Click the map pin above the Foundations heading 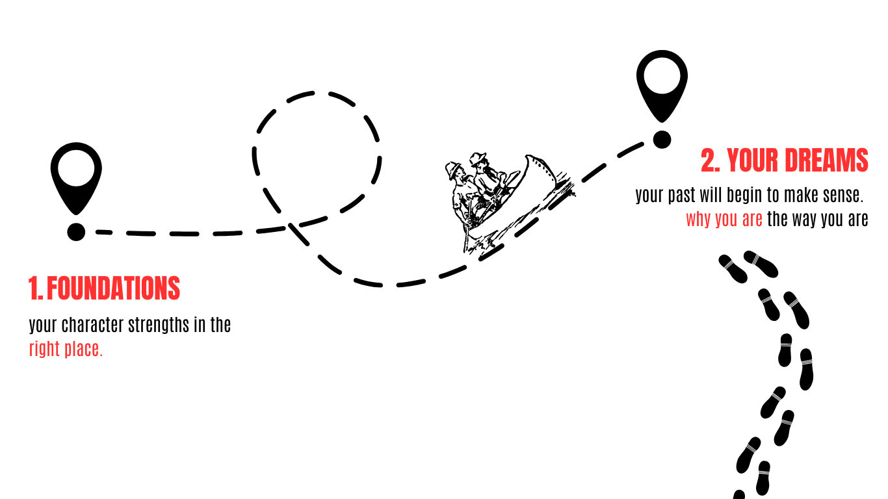[x=76, y=175]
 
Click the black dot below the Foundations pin [x=76, y=232]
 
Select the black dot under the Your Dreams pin [x=662, y=139]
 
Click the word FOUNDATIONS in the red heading [x=113, y=288]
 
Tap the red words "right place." [x=66, y=349]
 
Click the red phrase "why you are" [x=724, y=219]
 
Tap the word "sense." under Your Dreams [x=844, y=195]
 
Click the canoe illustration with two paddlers [x=501, y=198]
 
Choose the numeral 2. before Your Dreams [x=711, y=160]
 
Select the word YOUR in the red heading [x=754, y=160]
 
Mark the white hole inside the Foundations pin [x=76, y=166]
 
